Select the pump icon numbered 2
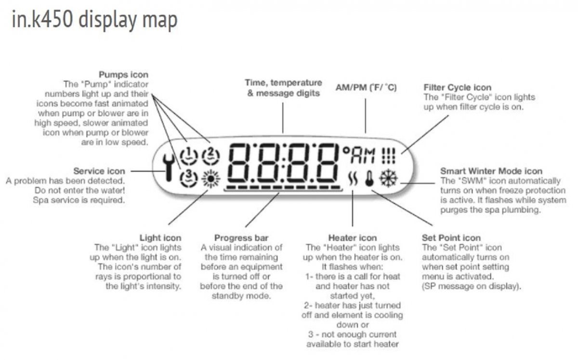click(211, 156)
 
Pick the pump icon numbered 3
click(188, 177)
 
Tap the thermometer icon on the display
click(370, 179)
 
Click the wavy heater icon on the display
click(353, 179)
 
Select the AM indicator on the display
click(363, 156)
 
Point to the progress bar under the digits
click(284, 187)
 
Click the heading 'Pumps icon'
click(124, 75)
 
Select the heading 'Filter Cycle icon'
click(458, 88)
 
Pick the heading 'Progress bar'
click(241, 238)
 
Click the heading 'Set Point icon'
click(451, 238)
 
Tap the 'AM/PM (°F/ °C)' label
click(366, 88)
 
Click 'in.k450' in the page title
click(41, 20)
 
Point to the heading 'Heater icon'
click(353, 238)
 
